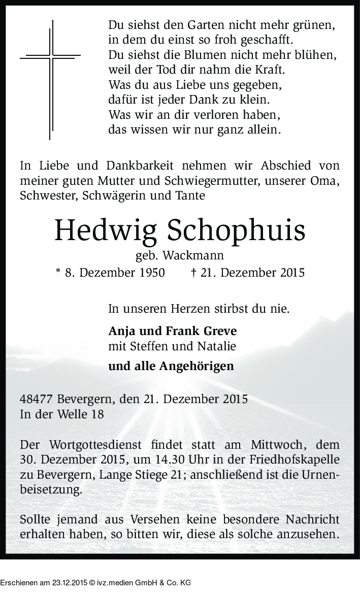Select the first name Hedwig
click(x=105, y=231)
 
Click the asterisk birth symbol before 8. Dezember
click(x=57, y=272)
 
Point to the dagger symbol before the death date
click(x=194, y=273)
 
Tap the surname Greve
click(x=220, y=331)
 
